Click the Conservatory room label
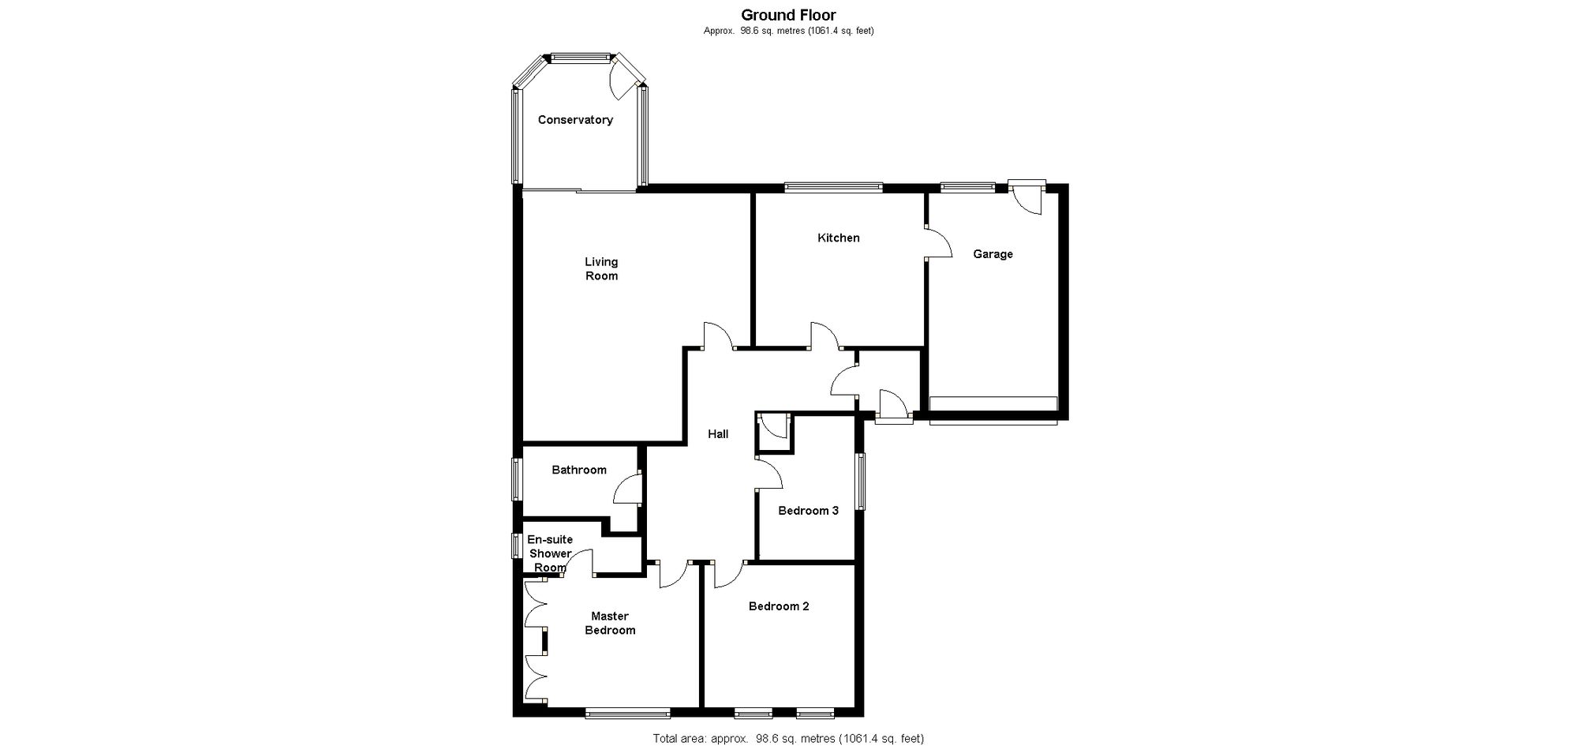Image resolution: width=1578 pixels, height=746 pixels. [x=575, y=120]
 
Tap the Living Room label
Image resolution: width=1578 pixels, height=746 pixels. [x=601, y=269]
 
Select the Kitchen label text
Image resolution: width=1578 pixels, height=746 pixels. [x=838, y=238]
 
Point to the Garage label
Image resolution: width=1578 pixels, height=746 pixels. [x=993, y=254]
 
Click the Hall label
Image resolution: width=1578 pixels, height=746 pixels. [x=718, y=434]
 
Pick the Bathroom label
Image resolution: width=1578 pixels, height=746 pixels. [x=579, y=470]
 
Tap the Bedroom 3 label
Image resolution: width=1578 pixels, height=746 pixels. [x=808, y=511]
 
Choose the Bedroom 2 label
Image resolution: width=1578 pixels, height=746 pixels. [x=779, y=606]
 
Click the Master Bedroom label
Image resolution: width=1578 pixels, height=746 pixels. [x=610, y=623]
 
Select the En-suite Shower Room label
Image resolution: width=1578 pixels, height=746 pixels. [x=550, y=553]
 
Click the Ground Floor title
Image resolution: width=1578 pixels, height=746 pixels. [x=788, y=14]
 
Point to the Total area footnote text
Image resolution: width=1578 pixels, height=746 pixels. [x=788, y=739]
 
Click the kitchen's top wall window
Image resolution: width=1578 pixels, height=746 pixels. [x=833, y=187]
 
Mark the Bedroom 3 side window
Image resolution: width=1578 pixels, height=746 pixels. [x=862, y=481]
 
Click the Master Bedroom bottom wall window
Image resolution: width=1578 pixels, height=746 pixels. [x=628, y=713]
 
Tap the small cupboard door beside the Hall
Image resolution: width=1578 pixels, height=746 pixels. [x=772, y=427]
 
